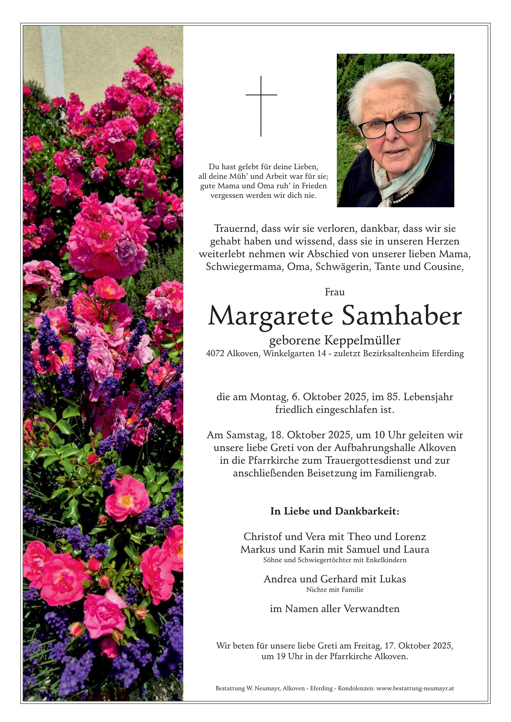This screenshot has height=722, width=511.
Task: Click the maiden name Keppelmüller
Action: [x=362, y=341]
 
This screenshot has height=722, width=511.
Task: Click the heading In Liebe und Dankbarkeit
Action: [x=335, y=511]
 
